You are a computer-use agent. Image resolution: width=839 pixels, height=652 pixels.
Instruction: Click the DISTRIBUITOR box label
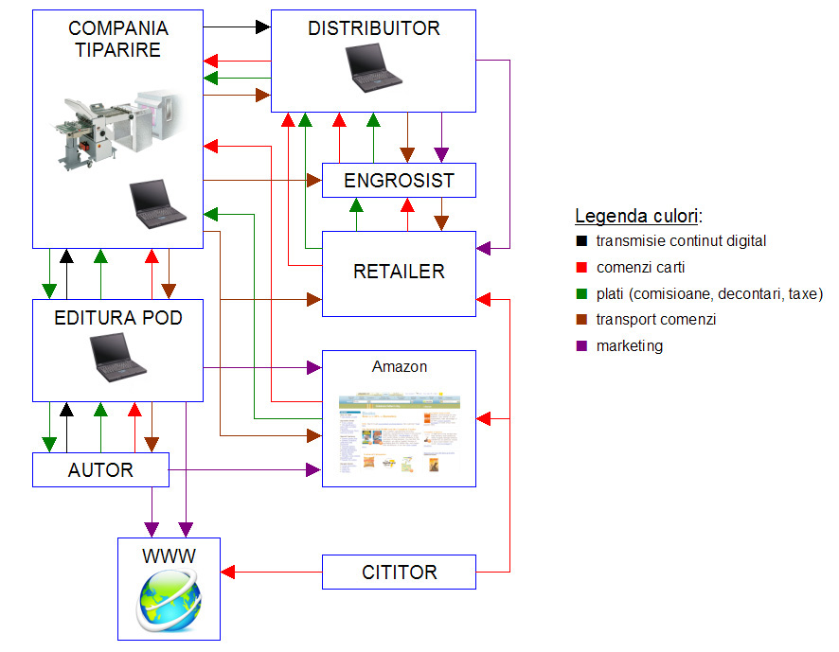pyautogui.click(x=373, y=28)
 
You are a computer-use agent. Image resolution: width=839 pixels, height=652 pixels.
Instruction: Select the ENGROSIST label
pyautogui.click(x=399, y=181)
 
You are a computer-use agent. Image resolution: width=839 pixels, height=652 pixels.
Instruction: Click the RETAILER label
pyautogui.click(x=399, y=272)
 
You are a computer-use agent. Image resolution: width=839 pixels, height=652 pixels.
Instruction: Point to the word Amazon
pyautogui.click(x=399, y=367)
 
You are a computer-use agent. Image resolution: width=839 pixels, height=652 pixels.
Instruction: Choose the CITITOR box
pyautogui.click(x=399, y=573)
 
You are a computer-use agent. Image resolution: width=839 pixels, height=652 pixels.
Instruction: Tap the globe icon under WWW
pyautogui.click(x=168, y=603)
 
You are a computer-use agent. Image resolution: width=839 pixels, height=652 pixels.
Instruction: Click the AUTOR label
pyautogui.click(x=100, y=469)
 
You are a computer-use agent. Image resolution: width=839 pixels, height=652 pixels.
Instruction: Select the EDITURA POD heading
pyautogui.click(x=118, y=318)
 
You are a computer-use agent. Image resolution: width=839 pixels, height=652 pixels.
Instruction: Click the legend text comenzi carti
pyautogui.click(x=640, y=268)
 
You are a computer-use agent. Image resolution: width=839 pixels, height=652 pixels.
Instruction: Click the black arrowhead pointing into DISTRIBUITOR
pyautogui.click(x=263, y=27)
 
